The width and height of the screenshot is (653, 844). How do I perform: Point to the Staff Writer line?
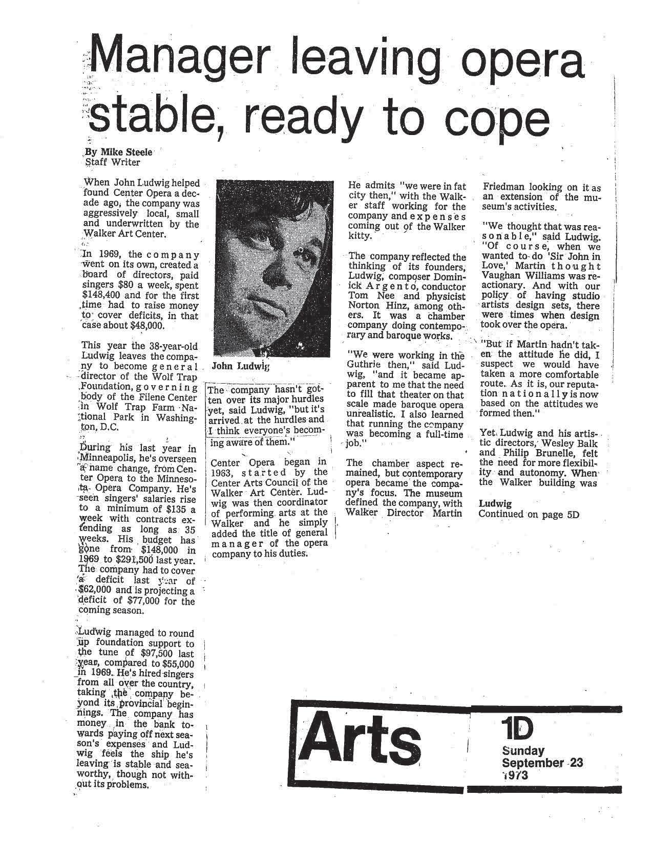112,162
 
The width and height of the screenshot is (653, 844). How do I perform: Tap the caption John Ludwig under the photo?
240,366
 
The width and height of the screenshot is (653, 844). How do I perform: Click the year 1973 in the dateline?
515,775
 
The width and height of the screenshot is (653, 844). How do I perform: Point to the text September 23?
542,763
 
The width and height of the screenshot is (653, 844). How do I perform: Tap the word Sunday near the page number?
523,751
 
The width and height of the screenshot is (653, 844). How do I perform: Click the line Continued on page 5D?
529,515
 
